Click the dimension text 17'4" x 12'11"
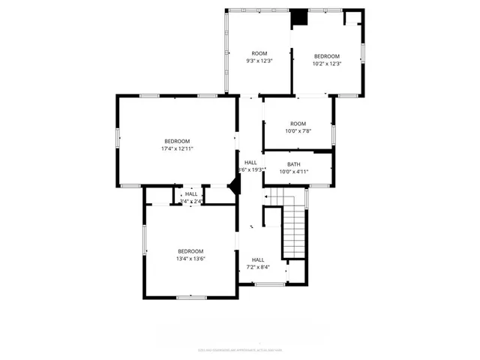[177, 149]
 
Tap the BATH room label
[293, 164]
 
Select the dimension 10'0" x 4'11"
[293, 172]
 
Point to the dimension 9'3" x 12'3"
[259, 61]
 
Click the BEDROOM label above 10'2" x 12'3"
[326, 56]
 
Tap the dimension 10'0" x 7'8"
[298, 131]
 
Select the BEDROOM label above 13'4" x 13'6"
[190, 251]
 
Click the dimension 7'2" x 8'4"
[258, 268]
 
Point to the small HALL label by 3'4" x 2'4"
[191, 194]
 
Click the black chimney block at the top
[299, 17]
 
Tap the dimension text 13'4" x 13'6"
[190, 259]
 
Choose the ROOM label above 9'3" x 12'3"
[259, 53]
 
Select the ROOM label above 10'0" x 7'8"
[298, 124]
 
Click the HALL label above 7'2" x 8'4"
[258, 259]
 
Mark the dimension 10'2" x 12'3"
[326, 64]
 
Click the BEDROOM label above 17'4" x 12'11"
[177, 141]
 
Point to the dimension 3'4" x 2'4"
[191, 202]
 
